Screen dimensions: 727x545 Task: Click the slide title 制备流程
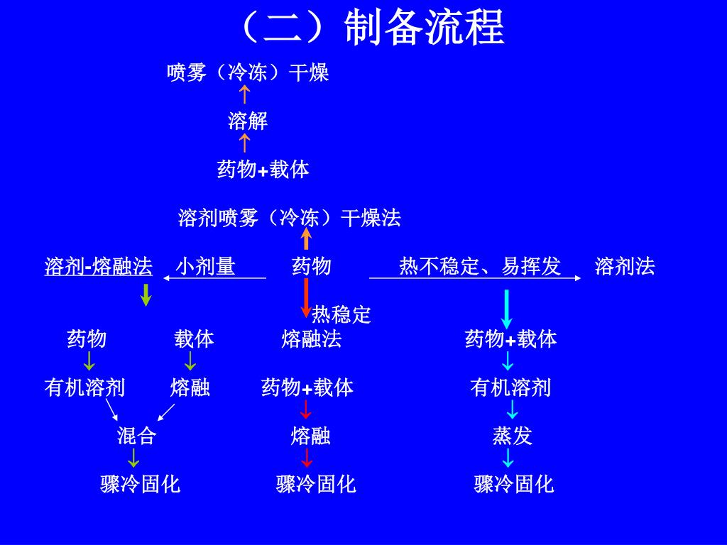[x=424, y=28]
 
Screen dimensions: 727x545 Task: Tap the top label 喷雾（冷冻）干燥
[x=248, y=72]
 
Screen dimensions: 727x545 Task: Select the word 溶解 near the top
[x=248, y=121]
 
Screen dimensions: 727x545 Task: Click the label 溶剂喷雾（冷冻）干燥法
[x=289, y=218]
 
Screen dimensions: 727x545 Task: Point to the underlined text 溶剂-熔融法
[x=99, y=267]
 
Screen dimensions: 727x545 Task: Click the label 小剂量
[x=206, y=267]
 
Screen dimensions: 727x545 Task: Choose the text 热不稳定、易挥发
[x=480, y=267]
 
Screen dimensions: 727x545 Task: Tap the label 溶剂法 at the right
[x=625, y=267]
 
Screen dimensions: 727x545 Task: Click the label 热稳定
[x=341, y=314]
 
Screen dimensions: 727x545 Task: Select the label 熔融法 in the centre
[x=312, y=339]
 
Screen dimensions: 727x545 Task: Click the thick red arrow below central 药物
[x=306, y=297]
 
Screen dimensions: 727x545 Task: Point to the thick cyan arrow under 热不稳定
[x=507, y=309]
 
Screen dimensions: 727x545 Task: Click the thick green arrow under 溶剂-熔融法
[x=146, y=294]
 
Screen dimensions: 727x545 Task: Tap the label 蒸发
[x=513, y=436]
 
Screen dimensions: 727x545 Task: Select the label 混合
[x=136, y=436]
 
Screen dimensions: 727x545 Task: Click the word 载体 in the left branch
[x=194, y=339]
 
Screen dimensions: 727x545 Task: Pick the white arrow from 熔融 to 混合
[x=166, y=412]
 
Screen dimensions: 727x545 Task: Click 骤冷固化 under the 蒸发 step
[x=514, y=485]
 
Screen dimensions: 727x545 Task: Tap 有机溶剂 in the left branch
[x=84, y=387]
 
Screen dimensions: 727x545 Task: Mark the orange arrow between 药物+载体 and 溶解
[x=244, y=143]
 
